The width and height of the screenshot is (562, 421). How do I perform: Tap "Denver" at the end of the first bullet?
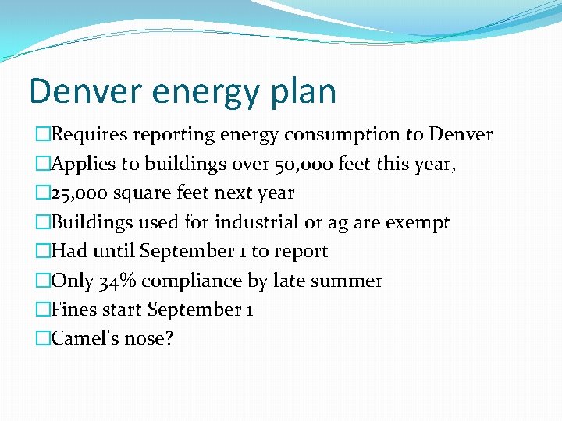(461, 134)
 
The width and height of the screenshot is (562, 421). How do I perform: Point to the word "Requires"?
(90, 134)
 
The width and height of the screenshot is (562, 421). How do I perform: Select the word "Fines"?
(73, 310)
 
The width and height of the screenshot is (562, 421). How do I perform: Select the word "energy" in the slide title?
(203, 92)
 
